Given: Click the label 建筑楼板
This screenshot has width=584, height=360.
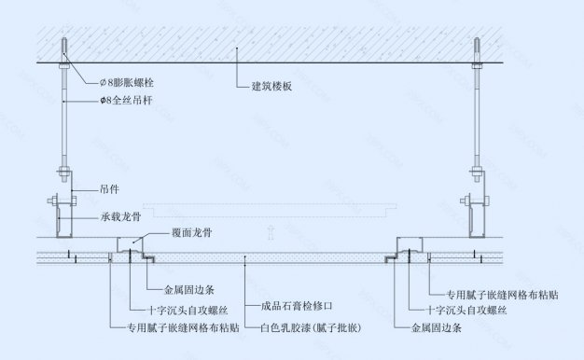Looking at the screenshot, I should [x=272, y=87].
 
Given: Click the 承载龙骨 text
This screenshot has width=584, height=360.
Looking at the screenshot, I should [x=120, y=216].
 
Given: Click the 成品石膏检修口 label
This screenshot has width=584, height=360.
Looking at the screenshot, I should [x=297, y=306].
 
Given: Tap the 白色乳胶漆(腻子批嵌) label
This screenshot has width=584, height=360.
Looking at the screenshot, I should [x=311, y=328].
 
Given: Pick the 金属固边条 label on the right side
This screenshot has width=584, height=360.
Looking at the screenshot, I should [x=438, y=328].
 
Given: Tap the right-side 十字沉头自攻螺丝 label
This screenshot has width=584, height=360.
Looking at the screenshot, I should [x=466, y=309].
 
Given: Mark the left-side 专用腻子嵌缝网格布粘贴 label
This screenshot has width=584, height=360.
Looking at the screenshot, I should [x=183, y=328].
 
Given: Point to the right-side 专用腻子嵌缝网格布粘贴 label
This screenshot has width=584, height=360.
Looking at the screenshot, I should [x=490, y=292].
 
